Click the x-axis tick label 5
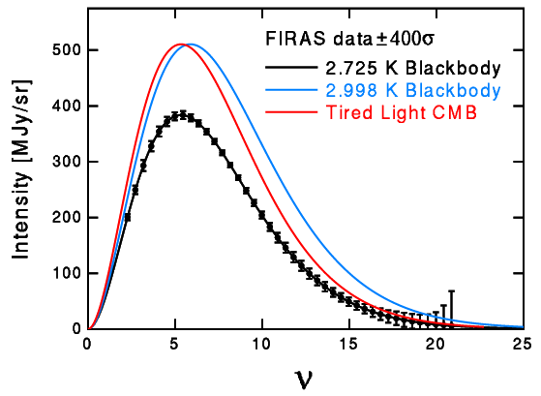coord(175,344)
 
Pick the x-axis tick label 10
coord(261,344)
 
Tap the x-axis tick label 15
coord(348,344)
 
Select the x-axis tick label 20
coord(436,344)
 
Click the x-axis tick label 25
coord(522,344)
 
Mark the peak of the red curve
coord(179,45)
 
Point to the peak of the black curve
coord(181,114)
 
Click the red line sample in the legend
coord(289,112)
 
